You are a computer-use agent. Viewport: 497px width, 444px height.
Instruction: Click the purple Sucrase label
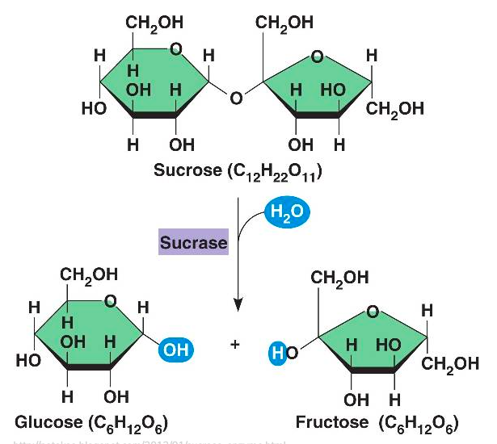[194, 242]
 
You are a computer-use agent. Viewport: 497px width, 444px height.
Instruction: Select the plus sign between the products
[236, 344]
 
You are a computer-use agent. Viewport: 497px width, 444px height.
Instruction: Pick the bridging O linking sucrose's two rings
[235, 98]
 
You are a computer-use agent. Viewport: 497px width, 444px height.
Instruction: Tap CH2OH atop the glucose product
[89, 275]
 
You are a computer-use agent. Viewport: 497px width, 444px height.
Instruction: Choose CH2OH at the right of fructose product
[447, 363]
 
